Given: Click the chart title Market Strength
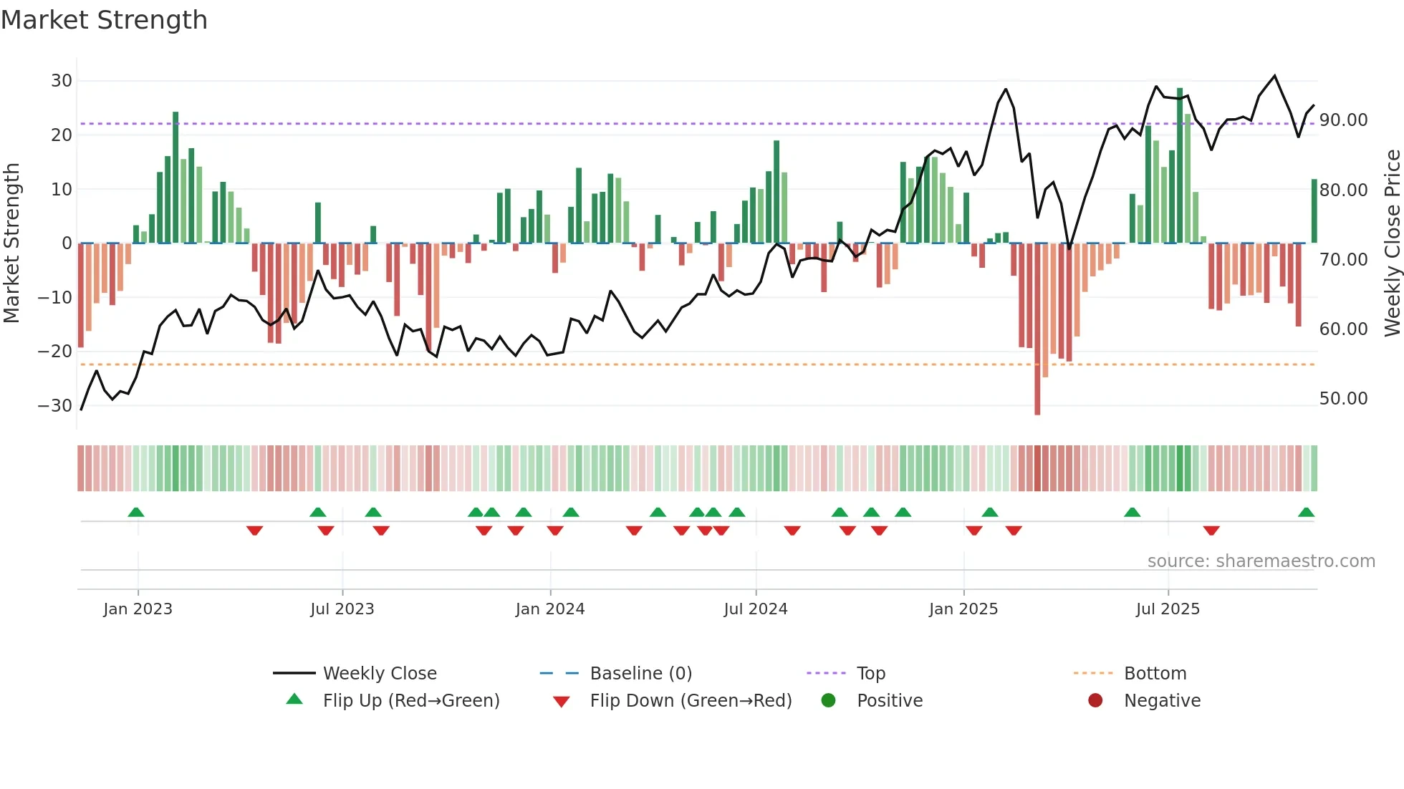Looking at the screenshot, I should [104, 20].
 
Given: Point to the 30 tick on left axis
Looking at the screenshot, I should [62, 81].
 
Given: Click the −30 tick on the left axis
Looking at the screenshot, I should [55, 406].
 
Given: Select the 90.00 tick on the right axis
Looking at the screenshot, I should [1343, 120].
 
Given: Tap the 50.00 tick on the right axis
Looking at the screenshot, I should [1343, 399].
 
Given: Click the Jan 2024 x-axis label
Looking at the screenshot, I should [549, 609].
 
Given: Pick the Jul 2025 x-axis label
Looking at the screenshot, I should [1167, 609].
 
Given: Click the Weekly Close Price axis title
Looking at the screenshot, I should [1392, 243].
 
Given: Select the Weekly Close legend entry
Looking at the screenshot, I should [379, 674].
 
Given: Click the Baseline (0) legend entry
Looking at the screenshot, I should [640, 674].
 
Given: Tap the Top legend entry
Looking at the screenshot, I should [870, 674].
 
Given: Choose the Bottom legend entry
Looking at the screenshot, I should [1155, 674].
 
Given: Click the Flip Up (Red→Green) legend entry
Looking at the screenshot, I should [410, 701].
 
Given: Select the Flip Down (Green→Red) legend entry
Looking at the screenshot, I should [691, 701].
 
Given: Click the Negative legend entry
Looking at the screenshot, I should [1161, 701].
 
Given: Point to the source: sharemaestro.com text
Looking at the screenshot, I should [1261, 561].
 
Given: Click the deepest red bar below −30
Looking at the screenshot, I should [1037, 329].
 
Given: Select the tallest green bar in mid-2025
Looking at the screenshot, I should [1180, 165].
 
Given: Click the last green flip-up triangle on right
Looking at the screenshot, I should [1306, 513].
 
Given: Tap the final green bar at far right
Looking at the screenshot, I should [1314, 211].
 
